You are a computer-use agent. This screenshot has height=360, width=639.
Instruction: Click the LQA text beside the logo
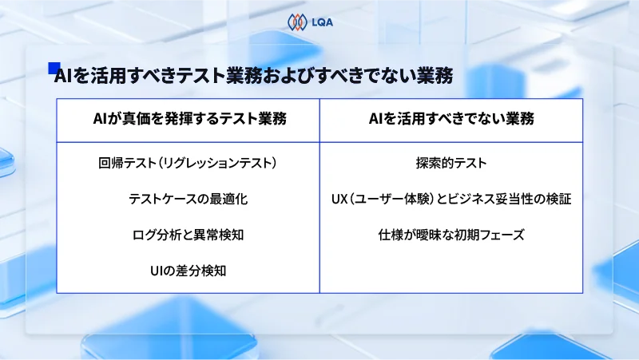coord(321,22)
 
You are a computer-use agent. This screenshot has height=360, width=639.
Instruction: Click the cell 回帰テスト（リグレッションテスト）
coord(188,164)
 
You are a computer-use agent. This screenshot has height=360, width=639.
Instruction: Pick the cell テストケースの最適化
coord(188,199)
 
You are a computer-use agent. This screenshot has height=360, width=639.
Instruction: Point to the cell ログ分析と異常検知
coord(188,235)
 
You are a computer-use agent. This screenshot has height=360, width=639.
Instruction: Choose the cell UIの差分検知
coord(188,271)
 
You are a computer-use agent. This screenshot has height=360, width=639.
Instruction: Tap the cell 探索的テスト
coord(450,164)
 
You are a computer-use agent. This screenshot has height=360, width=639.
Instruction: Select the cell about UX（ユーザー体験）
coord(450,199)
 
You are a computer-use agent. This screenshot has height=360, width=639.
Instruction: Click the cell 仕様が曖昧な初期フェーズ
coord(450,235)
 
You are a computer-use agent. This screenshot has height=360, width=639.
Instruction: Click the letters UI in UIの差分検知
coord(156,271)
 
